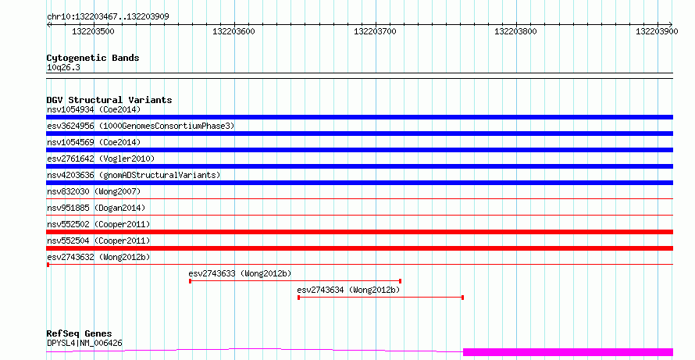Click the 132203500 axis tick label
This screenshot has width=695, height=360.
pos(93,31)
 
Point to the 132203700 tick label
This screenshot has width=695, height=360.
pos(375,31)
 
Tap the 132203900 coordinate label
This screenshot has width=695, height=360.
pos(657,31)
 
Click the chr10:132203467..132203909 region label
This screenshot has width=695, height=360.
pos(108,17)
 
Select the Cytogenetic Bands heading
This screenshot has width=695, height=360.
pos(93,58)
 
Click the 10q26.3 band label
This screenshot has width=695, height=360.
pos(63,68)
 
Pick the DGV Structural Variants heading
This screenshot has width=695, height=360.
pos(109,100)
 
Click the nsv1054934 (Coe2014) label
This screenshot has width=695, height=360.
pos(94,109)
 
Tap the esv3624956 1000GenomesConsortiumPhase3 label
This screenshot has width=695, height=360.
pos(141,126)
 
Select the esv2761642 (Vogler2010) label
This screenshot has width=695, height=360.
pos(101,159)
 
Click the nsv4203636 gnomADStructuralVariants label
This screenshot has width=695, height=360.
pos(134,175)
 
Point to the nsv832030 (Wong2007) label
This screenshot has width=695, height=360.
pos(94,191)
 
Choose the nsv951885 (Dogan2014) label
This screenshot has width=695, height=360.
pos(96,208)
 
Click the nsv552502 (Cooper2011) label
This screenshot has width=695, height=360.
pos(98,224)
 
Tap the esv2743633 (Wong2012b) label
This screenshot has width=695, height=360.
pos(240,273)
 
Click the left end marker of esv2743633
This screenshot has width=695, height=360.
pos(191,281)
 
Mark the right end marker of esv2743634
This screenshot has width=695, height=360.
pos(463,298)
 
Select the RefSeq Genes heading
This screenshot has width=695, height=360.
pos(79,334)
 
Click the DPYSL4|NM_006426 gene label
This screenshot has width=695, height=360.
pos(84,343)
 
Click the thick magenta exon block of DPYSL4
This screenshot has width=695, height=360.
pos(568,352)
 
